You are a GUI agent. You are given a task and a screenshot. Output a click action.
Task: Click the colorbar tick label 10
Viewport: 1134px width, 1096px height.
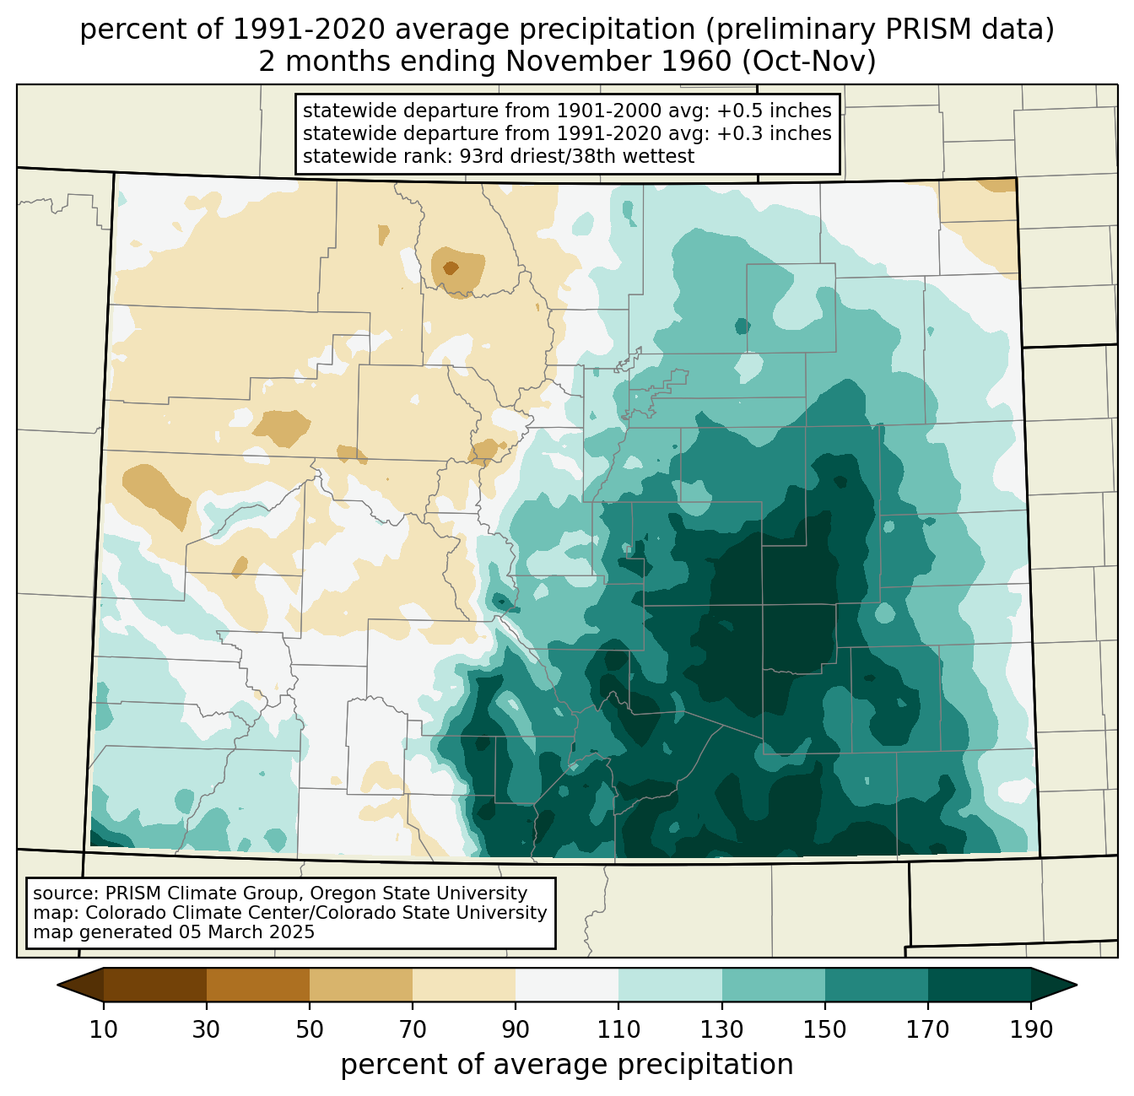(x=103, y=1029)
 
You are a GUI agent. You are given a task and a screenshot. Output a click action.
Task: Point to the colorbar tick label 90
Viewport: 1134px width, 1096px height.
(x=516, y=1029)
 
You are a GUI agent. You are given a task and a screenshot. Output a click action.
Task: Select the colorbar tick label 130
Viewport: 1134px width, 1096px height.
(x=721, y=1029)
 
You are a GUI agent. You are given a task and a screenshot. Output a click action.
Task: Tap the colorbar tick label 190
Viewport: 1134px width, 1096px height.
(x=1031, y=1029)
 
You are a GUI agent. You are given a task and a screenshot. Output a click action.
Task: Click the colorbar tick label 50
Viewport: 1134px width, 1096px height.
(x=310, y=1029)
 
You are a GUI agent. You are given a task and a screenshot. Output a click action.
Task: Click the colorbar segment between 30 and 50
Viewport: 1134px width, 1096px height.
(x=257, y=985)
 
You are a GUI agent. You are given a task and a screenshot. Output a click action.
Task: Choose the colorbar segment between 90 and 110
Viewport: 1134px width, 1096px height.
(x=567, y=985)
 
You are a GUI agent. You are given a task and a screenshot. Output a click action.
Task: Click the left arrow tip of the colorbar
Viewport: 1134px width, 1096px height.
(x=57, y=985)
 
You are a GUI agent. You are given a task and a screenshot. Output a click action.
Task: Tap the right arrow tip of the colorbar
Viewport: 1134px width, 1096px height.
(x=1077, y=985)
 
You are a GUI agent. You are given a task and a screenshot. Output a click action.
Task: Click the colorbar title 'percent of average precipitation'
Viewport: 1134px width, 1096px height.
(x=567, y=1065)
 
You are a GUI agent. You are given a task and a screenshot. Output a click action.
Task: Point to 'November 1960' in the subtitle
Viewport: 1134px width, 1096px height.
(x=618, y=62)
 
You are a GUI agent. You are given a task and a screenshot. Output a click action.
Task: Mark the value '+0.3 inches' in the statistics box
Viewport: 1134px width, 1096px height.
(x=774, y=132)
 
